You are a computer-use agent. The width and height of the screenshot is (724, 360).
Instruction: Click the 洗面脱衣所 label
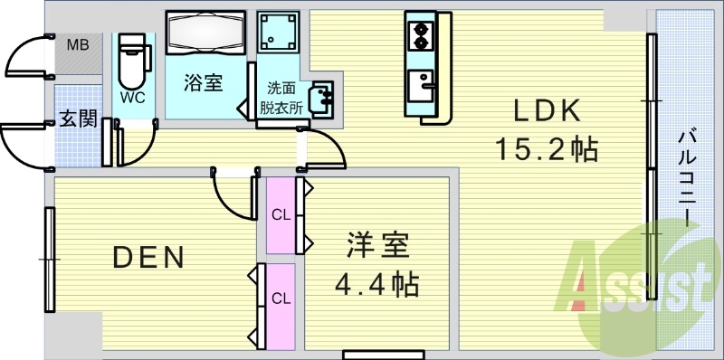tap(281, 97)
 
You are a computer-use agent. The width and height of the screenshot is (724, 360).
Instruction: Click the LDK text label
tap(546, 112)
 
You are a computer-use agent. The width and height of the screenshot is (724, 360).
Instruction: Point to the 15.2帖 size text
tap(546, 147)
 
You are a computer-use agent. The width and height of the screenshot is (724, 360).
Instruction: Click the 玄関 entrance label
tap(79, 120)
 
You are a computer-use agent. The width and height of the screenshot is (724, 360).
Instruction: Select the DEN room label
tap(148, 259)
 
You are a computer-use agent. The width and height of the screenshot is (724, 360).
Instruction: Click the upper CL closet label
tap(281, 215)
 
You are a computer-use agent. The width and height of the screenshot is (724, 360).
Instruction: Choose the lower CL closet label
tap(281, 298)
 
